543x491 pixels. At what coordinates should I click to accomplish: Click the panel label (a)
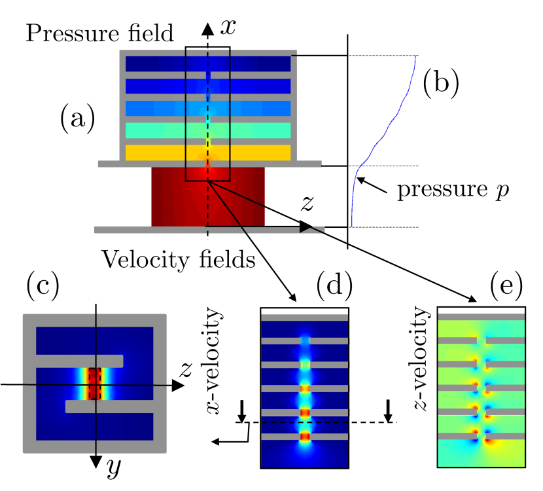pos(77,120)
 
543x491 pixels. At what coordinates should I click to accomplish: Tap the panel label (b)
pos(440,84)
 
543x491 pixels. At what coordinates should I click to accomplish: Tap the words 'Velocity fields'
pos(178,261)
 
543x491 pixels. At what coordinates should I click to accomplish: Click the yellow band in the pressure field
pos(164,153)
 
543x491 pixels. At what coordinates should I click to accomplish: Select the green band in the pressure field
pos(164,130)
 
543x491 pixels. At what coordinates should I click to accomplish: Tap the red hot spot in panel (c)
pos(96,384)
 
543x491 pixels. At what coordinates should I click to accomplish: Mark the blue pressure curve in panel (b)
pos(393,118)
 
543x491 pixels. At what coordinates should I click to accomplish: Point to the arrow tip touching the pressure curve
pos(358,175)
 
